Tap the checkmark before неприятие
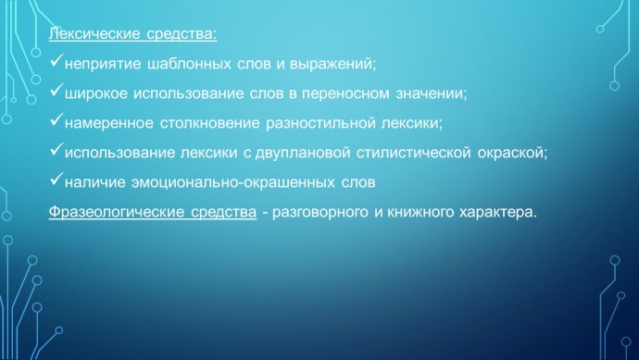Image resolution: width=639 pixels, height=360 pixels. pos(56,63)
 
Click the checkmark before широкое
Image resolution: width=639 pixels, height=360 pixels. pos(56,92)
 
